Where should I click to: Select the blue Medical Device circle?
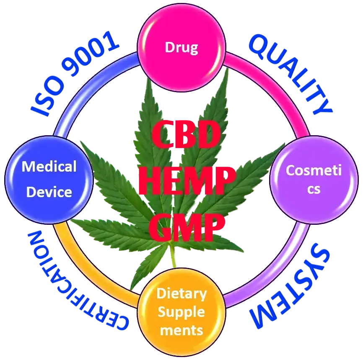pos(49,180)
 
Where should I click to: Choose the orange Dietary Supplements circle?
pos(181,312)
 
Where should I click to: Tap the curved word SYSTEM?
pos(289,289)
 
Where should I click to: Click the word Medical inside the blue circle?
pos(49,167)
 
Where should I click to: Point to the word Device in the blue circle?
pos(49,192)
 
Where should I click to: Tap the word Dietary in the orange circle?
pos(181,293)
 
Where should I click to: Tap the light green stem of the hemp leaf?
pos(173,260)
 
